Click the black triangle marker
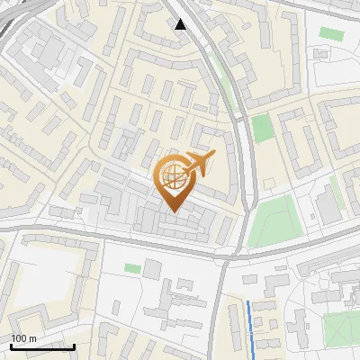pos(181,24)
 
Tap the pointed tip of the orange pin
pos(174,211)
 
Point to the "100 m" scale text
pos(23,338)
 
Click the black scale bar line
pos(42,346)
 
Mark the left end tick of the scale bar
pos(11,345)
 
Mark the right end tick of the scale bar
pos(74,345)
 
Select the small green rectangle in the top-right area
pos(331,33)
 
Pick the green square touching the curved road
pos(262,128)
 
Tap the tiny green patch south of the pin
pos(132,268)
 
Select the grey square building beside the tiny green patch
pos(152,268)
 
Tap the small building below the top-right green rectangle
pos(321,54)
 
